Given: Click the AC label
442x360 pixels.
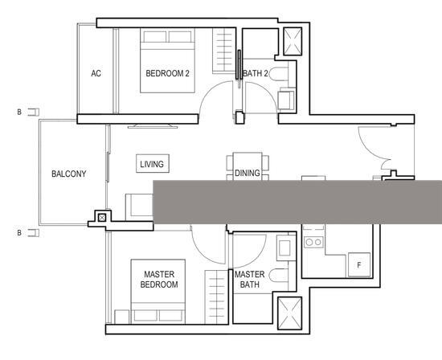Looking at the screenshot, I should (96, 74).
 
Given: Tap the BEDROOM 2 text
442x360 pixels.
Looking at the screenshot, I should (167, 74).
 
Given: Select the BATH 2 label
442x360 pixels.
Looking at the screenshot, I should (255, 74).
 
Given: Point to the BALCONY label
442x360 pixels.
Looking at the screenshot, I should (68, 174).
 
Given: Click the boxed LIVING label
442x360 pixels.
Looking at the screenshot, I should (152, 164).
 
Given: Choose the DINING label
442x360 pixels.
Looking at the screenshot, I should (248, 173).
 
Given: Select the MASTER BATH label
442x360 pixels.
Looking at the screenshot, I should (249, 279).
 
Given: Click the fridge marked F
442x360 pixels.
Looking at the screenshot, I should (358, 265).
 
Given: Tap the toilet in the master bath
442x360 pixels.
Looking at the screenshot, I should (278, 277).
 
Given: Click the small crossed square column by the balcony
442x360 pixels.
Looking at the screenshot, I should (101, 216).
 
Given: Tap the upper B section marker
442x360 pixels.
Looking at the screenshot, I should (31, 112).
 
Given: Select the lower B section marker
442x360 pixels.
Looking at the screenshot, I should (31, 234).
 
